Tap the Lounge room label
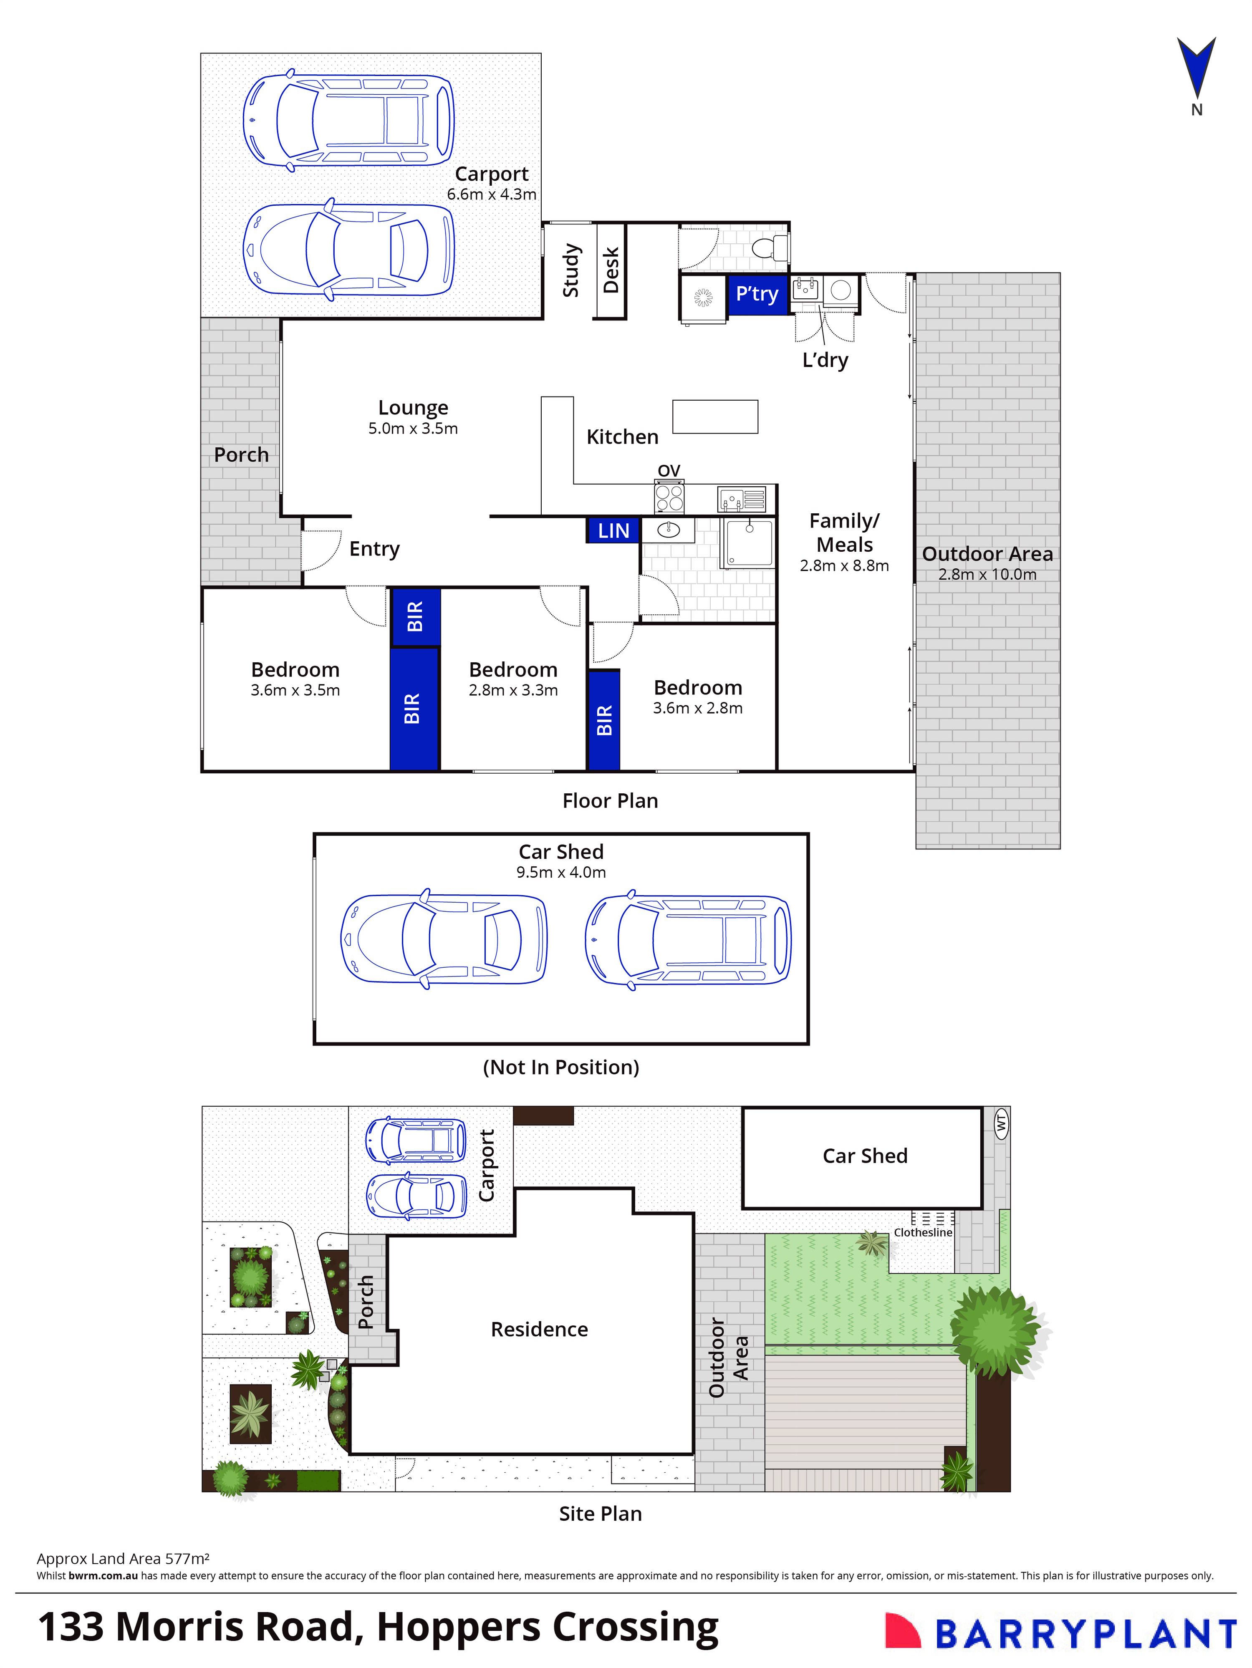click(413, 408)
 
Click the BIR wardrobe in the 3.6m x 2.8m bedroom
click(603, 720)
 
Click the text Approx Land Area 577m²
click(123, 1559)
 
